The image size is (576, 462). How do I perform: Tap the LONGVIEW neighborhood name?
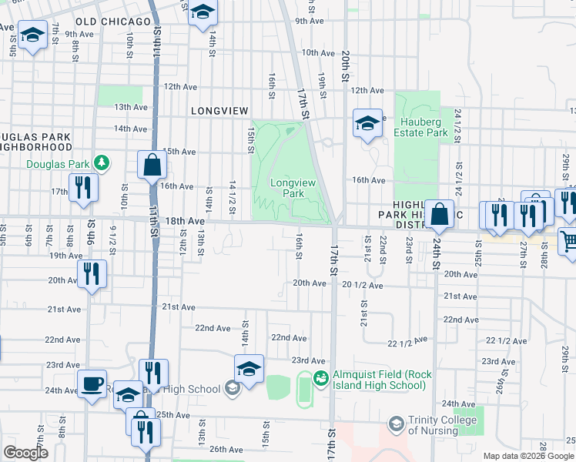219,111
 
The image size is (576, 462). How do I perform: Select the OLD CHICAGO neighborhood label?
114,22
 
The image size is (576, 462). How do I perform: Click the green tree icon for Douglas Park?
100,162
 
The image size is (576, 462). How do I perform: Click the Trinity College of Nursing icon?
396,423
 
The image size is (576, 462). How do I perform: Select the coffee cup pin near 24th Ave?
92,383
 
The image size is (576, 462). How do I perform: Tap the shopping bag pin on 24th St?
439,215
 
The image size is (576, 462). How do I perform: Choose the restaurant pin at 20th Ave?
92,273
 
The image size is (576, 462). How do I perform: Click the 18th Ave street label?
186,221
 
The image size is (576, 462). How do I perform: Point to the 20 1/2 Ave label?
363,285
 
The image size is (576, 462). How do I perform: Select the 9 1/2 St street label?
112,239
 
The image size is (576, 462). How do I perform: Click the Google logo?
27,453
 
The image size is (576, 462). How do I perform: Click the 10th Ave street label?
319,52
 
